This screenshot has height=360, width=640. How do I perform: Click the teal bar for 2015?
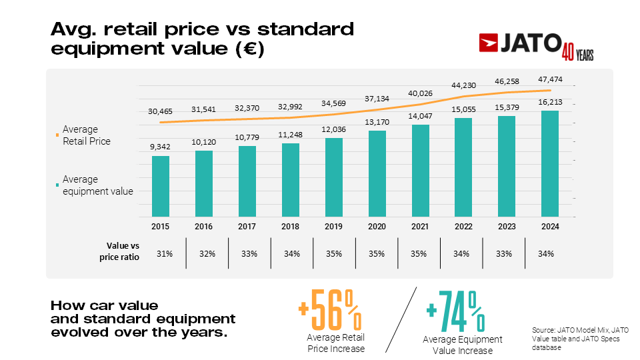pyautogui.click(x=161, y=186)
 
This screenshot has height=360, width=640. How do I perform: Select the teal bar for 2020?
pyautogui.click(x=377, y=173)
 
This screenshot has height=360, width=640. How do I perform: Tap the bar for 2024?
pyautogui.click(x=550, y=163)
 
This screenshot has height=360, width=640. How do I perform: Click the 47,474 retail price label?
pyautogui.click(x=549, y=80)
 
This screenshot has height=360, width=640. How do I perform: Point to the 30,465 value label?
pyautogui.click(x=161, y=111)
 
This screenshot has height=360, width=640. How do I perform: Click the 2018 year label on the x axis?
pyautogui.click(x=291, y=227)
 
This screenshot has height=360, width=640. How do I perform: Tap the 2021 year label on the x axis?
pyautogui.click(x=420, y=227)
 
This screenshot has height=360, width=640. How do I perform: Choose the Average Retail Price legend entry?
pyautogui.click(x=85, y=135)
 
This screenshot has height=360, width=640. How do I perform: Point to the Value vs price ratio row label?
pyautogui.click(x=123, y=252)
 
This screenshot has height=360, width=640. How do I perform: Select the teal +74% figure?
pyautogui.click(x=456, y=313)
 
